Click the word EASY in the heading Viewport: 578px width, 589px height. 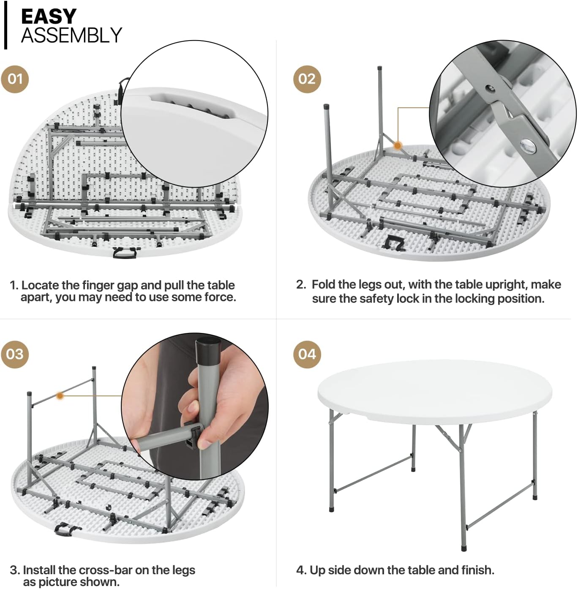49,17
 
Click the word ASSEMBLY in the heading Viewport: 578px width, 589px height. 71,35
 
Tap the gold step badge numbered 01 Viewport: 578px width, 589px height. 15,79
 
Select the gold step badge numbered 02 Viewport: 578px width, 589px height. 307,79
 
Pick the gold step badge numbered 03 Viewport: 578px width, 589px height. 15,354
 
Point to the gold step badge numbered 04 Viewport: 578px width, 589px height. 307,354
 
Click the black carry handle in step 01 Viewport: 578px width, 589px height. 126,253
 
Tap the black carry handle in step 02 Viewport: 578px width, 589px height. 393,243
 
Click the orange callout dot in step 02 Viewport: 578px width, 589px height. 398,146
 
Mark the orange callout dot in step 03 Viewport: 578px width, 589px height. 60,396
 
